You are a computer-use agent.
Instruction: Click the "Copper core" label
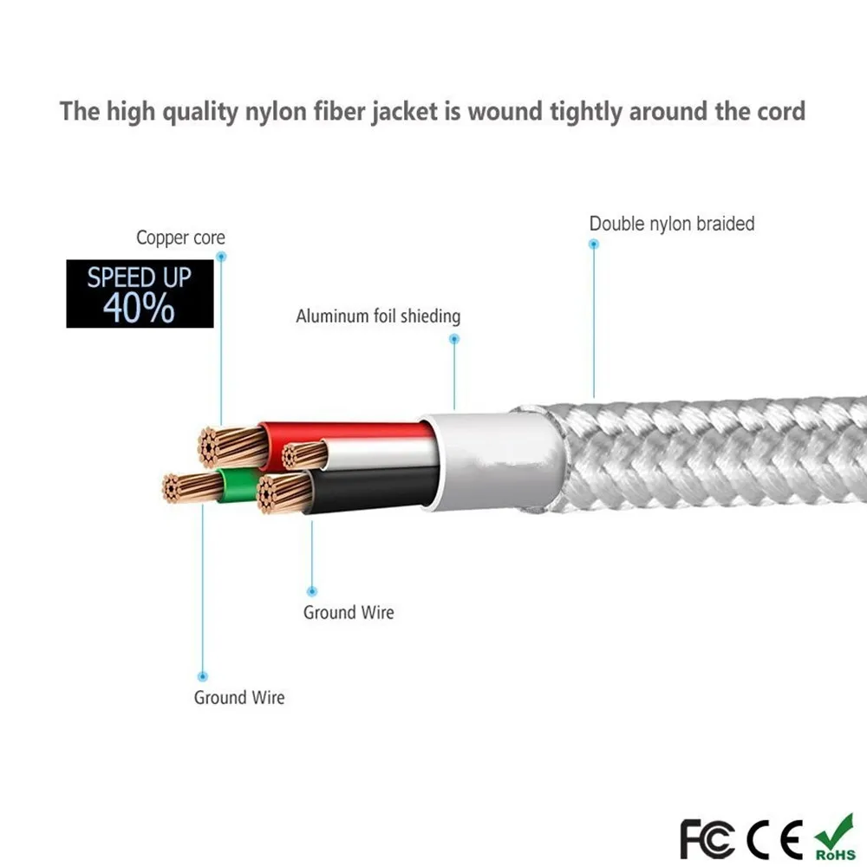(x=180, y=238)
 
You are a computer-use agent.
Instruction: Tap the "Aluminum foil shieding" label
(x=378, y=316)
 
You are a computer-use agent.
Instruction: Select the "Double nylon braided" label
(x=672, y=224)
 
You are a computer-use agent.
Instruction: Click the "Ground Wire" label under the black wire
(x=349, y=613)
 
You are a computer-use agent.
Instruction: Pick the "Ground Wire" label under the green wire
(x=239, y=697)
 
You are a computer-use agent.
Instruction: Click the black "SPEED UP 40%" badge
(x=140, y=294)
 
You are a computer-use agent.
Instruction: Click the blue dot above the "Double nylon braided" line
(x=594, y=244)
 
